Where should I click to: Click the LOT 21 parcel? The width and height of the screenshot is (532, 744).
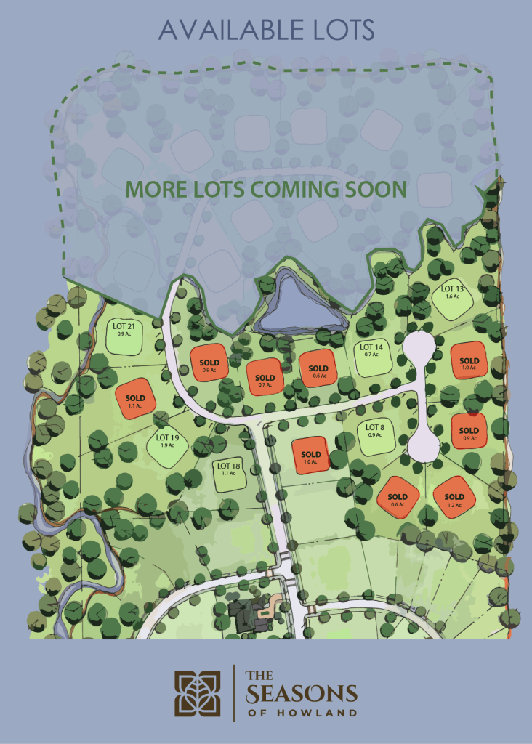tap(125, 335)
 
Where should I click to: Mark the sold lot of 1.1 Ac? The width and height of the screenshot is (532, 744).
tap(135, 399)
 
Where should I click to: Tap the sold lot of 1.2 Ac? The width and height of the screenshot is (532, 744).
tap(454, 497)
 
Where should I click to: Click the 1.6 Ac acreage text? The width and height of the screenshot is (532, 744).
tap(452, 297)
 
